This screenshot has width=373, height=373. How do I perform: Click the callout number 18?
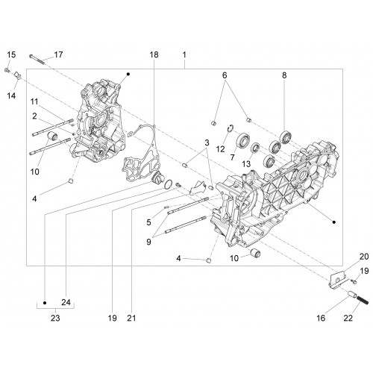click(x=154, y=54)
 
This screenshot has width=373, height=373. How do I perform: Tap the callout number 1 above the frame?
click(x=184, y=54)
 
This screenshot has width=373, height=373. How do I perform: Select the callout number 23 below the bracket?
click(x=55, y=318)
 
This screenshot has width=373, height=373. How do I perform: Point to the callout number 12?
click(x=220, y=149)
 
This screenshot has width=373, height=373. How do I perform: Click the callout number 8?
click(x=284, y=75)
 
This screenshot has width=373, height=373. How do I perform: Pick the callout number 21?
click(x=131, y=318)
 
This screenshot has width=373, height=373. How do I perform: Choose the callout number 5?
click(x=148, y=222)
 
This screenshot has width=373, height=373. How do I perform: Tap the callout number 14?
click(x=11, y=95)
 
